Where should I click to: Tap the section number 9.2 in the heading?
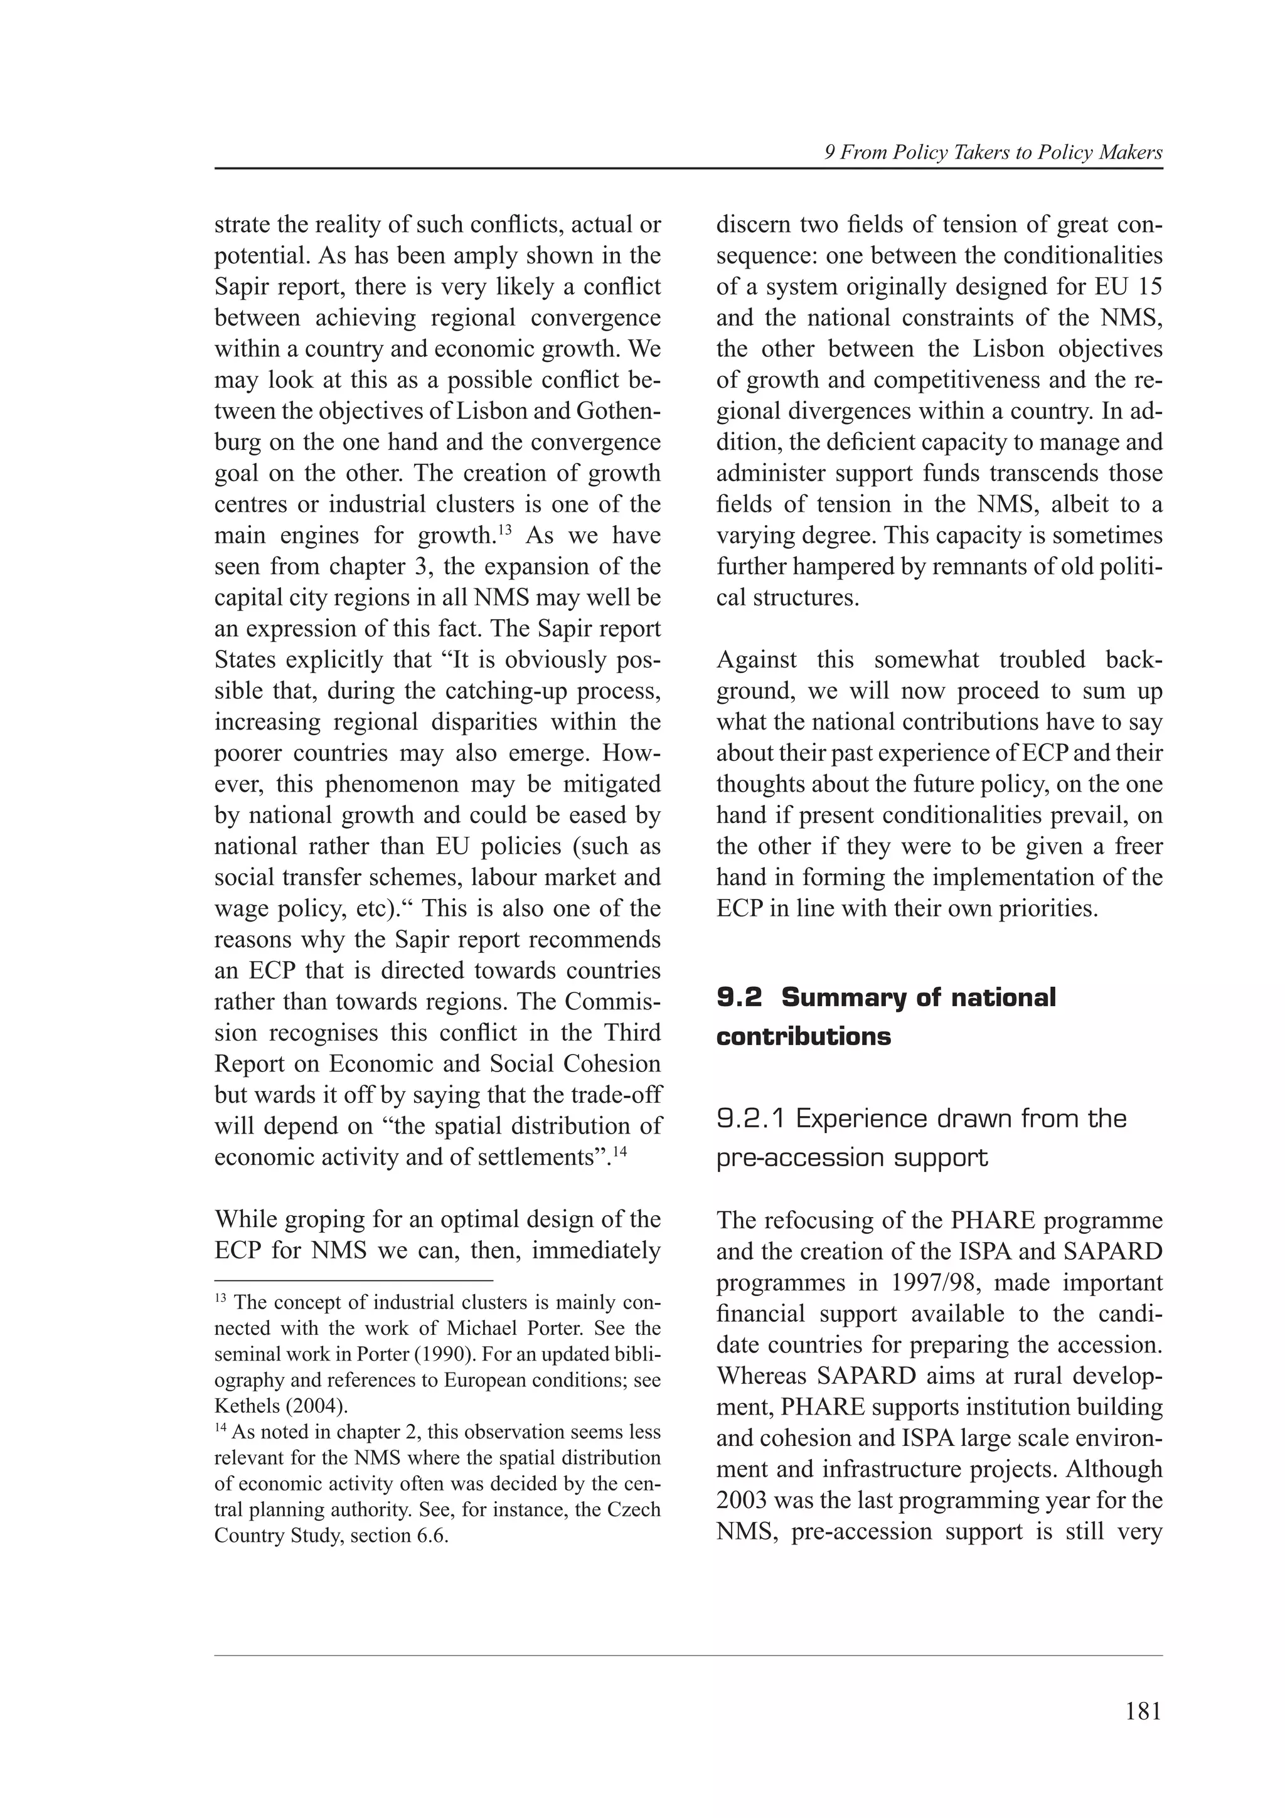click(738, 997)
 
